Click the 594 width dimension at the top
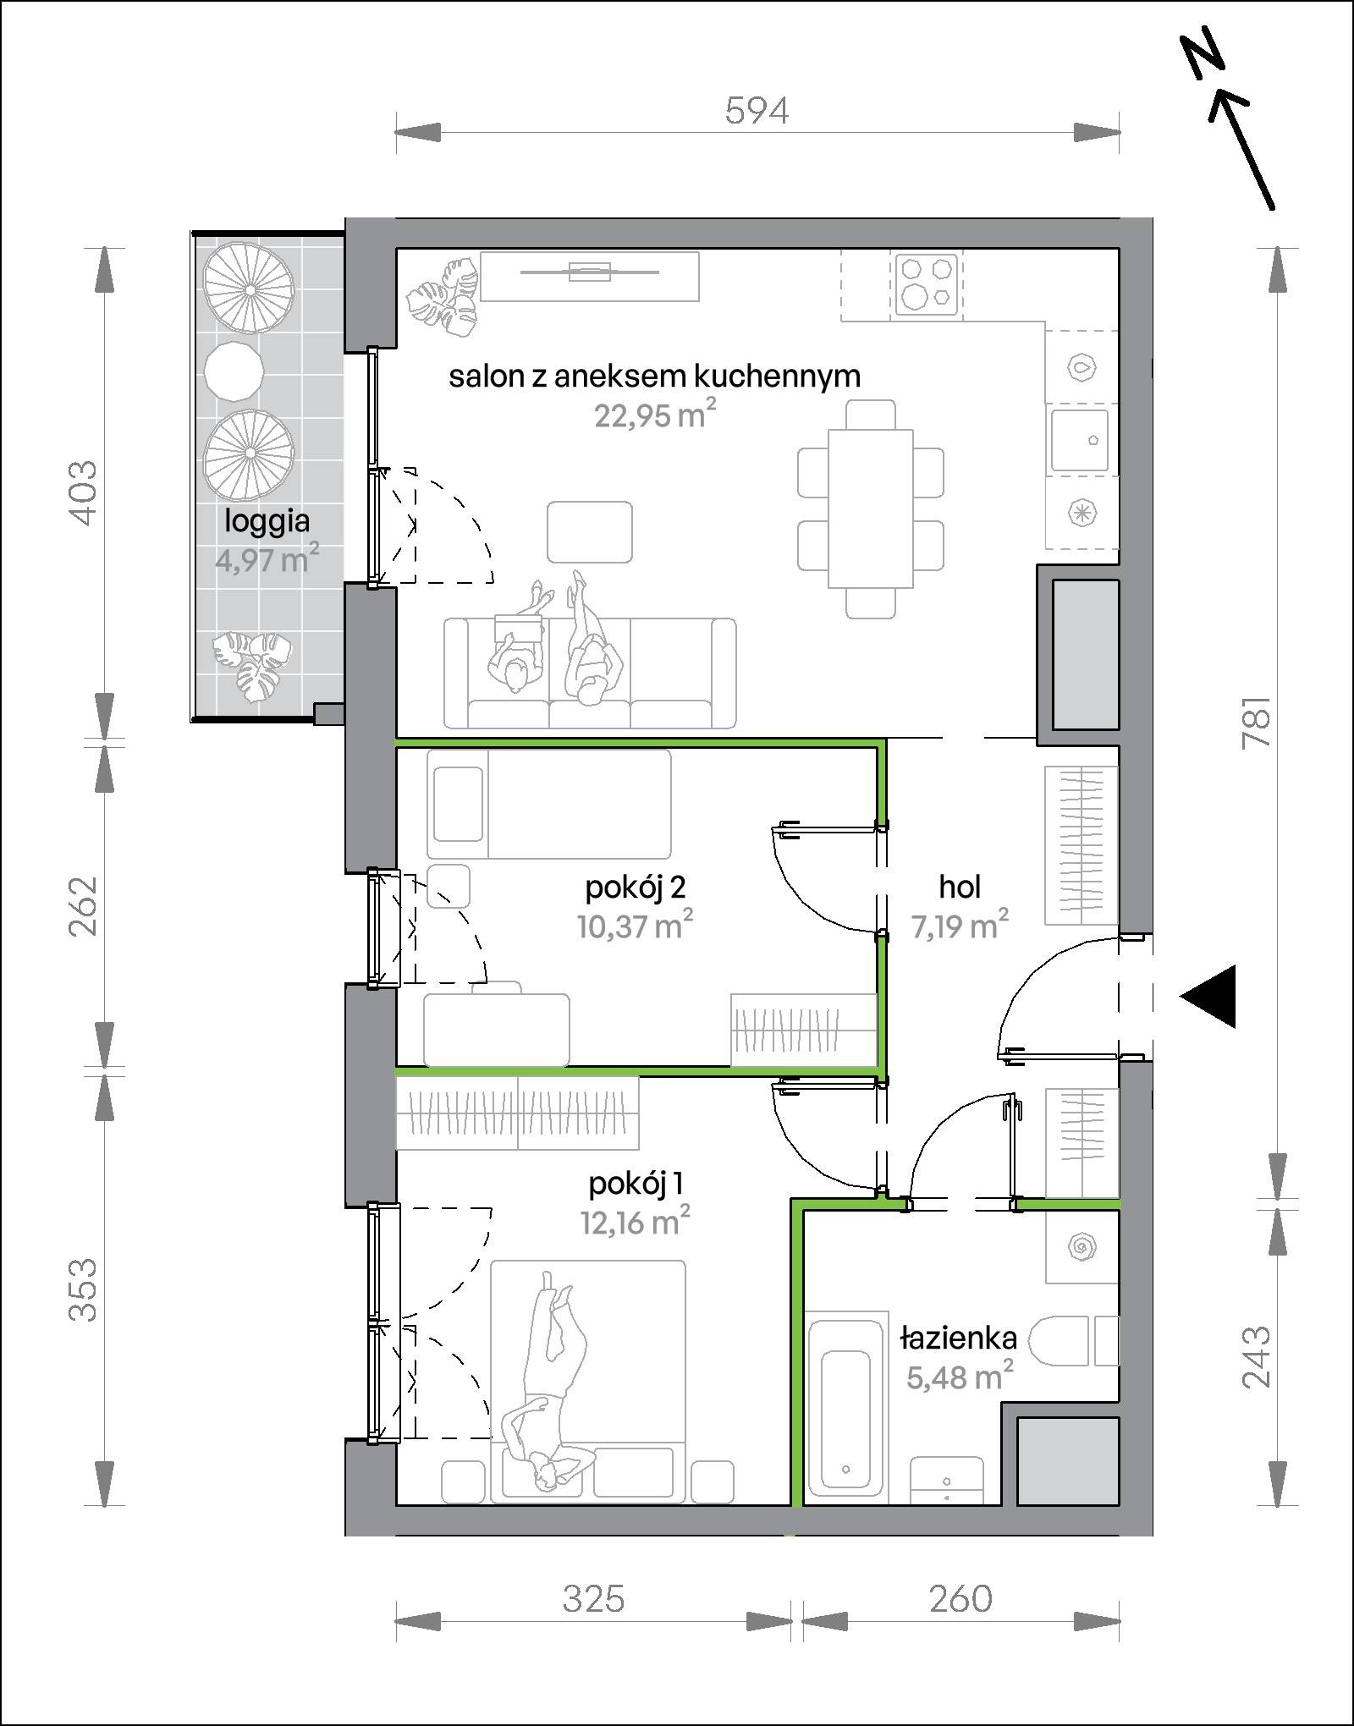click(x=757, y=111)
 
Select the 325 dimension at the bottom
click(x=593, y=1598)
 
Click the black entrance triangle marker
click(x=1208, y=996)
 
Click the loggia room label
click(x=267, y=521)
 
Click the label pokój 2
click(x=635, y=888)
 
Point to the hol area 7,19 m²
click(x=960, y=926)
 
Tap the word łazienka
click(x=958, y=1338)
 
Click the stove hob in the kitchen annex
click(x=924, y=284)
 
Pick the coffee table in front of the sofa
click(x=590, y=532)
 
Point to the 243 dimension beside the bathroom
click(x=1257, y=1357)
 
